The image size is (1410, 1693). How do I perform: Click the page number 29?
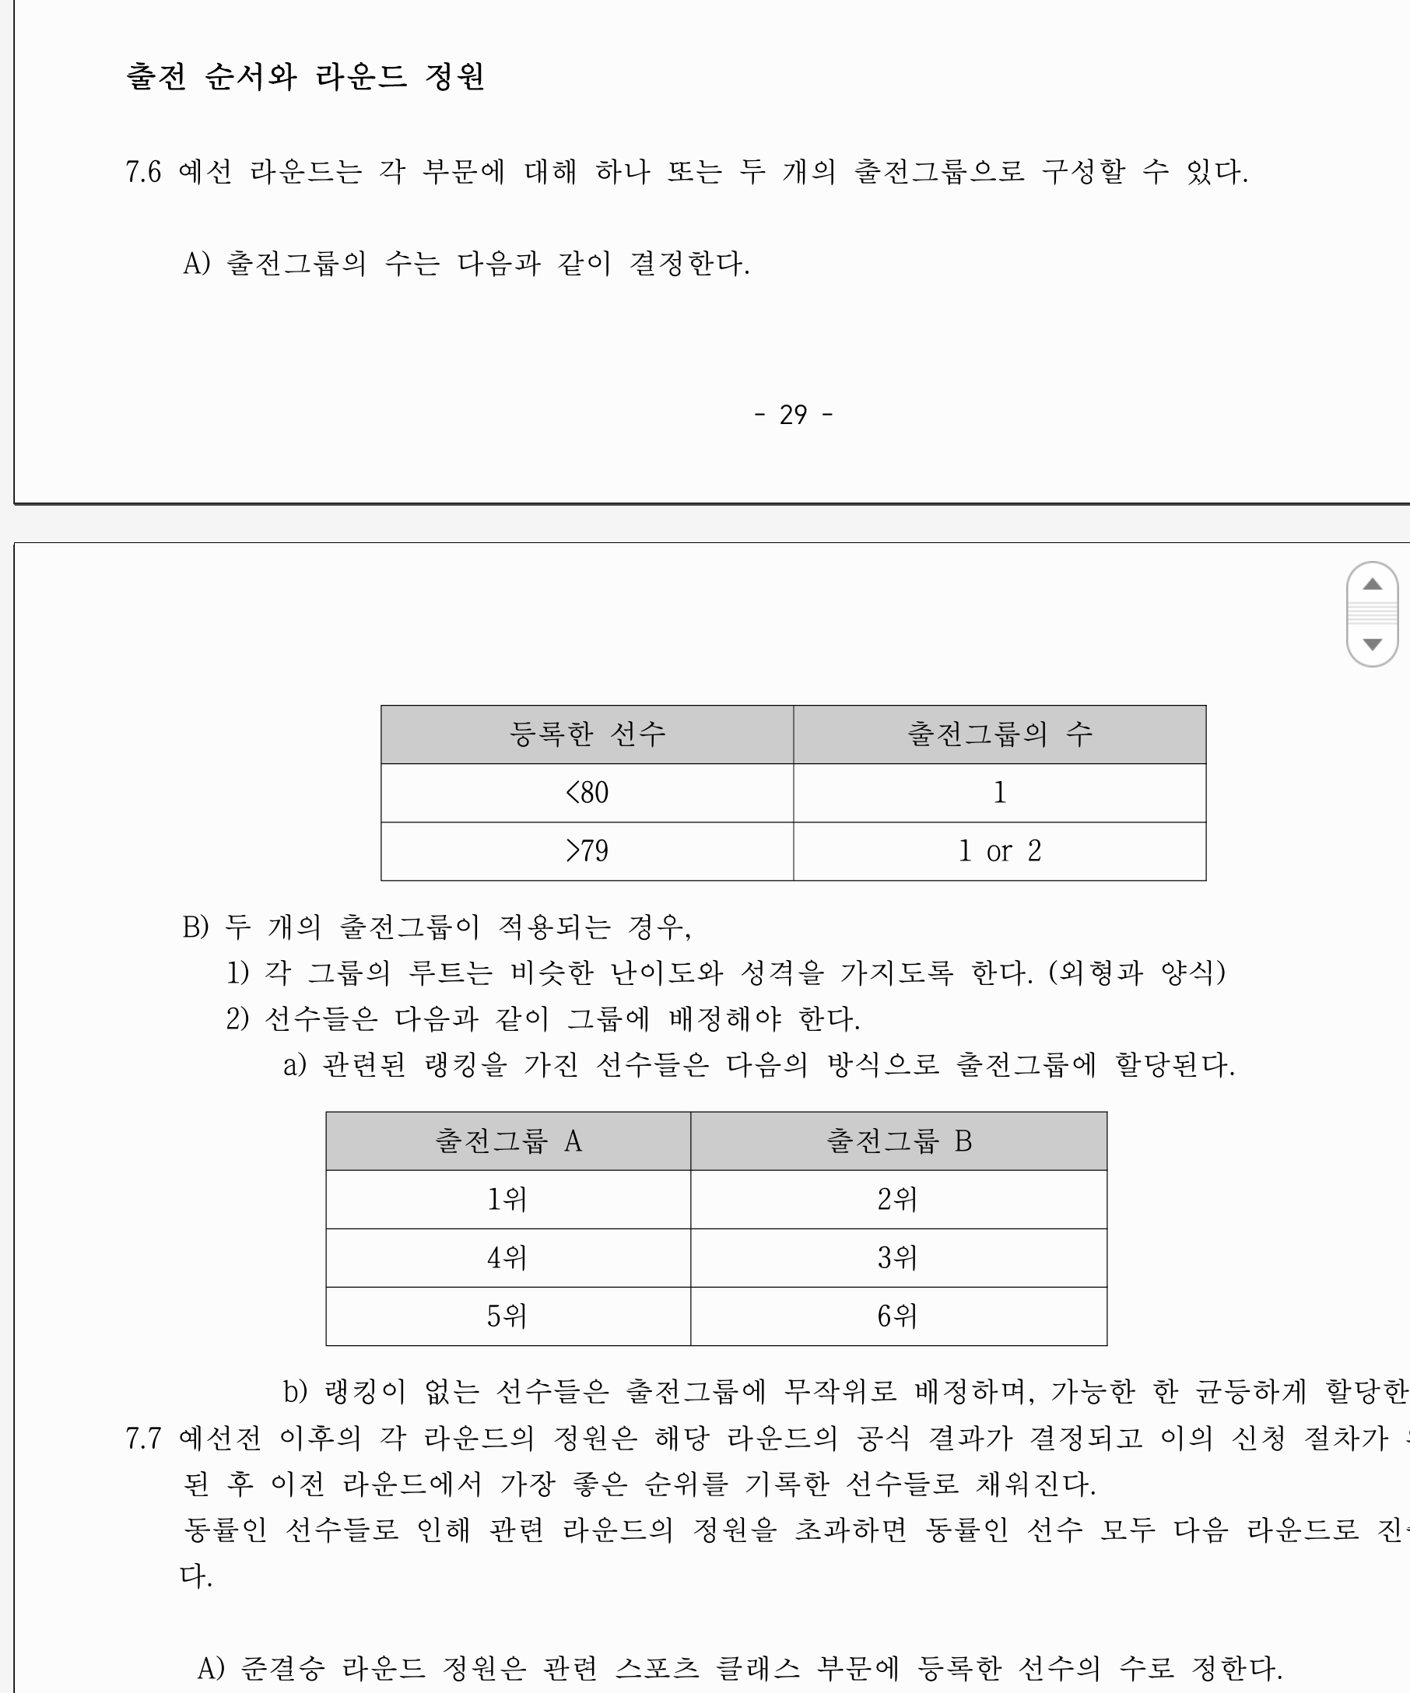[793, 415]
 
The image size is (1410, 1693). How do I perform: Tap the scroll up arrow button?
[1372, 584]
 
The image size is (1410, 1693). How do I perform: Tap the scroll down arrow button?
[1372, 644]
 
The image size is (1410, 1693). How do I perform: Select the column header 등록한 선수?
[587, 734]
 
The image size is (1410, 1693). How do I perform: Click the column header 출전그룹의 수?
[1000, 734]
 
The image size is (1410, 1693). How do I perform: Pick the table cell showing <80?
[587, 793]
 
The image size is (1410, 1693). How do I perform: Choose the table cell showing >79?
[587, 851]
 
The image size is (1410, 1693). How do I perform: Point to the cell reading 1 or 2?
[1000, 851]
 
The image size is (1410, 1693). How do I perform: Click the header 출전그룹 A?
[508, 1141]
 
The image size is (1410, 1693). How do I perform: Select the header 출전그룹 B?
[899, 1141]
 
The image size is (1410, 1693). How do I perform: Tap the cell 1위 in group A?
[507, 1200]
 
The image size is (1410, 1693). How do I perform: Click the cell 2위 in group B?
[897, 1200]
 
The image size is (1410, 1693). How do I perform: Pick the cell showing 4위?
[507, 1257]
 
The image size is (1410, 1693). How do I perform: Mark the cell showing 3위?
[897, 1257]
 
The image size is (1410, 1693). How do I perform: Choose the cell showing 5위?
[507, 1316]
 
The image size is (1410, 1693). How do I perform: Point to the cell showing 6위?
[897, 1316]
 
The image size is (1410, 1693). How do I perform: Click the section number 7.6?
[143, 172]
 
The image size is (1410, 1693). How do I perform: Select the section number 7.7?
[143, 1439]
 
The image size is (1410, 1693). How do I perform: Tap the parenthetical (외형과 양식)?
[1137, 973]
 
